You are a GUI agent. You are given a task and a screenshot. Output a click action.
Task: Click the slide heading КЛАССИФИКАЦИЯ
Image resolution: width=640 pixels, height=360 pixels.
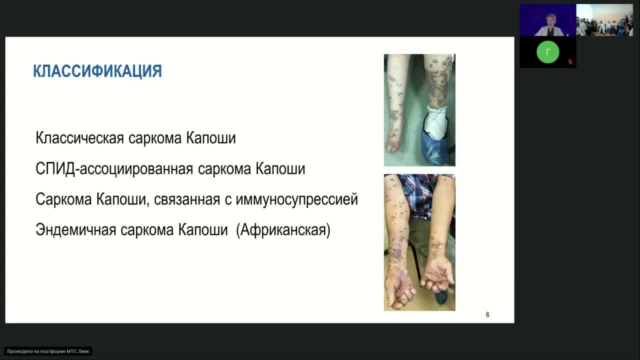97,71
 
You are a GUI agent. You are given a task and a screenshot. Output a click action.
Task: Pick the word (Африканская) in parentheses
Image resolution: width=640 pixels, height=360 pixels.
283,230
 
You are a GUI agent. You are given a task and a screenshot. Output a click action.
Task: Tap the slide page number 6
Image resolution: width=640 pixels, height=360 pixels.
487,314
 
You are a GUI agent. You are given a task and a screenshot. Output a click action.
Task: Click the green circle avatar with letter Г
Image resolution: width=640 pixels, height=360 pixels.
547,52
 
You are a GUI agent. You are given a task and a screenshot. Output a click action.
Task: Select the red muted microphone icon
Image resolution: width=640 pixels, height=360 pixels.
570,62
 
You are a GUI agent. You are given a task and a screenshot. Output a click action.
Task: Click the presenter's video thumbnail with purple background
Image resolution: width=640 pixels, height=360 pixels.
547,20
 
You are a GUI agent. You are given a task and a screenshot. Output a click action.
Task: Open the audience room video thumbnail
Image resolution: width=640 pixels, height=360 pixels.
604,20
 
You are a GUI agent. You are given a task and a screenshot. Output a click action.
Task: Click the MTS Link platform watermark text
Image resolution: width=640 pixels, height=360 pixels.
48,351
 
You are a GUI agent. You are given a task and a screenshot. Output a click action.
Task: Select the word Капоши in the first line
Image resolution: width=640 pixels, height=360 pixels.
211,138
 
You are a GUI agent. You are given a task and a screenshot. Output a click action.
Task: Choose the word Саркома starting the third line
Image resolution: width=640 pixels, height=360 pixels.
63,199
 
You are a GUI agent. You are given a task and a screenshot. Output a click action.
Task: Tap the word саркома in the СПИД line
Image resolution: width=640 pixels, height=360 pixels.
224,168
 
